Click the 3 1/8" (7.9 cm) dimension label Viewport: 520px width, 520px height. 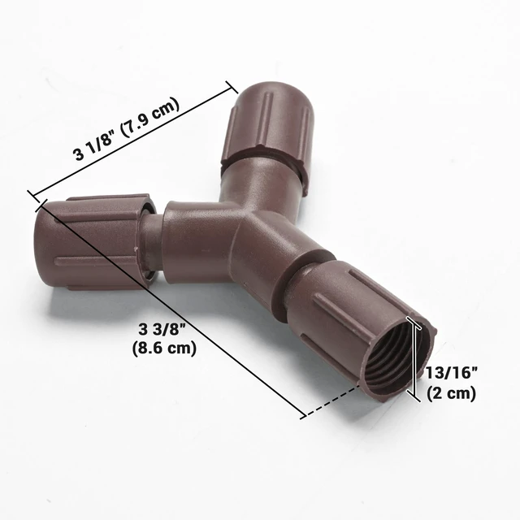pyautogui.click(x=127, y=129)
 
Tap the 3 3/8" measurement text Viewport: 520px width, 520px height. pyautogui.click(x=162, y=330)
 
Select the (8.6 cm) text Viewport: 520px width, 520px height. pyautogui.click(x=164, y=349)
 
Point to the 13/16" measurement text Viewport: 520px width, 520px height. pyautogui.click(x=452, y=373)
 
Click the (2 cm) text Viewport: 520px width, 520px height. pyautogui.click(x=452, y=393)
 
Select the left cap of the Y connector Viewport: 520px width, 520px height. pyautogui.click(x=93, y=241)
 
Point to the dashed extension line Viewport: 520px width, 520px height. pyautogui.click(x=332, y=401)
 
